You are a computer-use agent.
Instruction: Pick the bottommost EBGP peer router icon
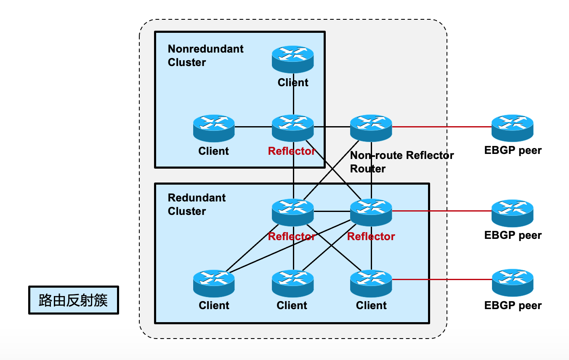click(x=512, y=282)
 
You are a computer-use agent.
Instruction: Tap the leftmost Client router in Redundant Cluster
click(x=214, y=282)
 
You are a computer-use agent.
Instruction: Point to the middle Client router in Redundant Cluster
click(x=292, y=282)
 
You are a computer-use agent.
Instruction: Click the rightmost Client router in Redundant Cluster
click(x=371, y=282)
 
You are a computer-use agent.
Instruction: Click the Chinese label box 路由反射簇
click(x=74, y=300)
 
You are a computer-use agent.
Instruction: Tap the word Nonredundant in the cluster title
click(x=205, y=49)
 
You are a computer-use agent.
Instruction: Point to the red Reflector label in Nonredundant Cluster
click(x=292, y=151)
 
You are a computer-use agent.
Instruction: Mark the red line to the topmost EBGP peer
click(x=442, y=126)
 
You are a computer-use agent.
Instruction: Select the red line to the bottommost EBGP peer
click(x=442, y=279)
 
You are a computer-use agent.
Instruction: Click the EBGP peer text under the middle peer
click(x=513, y=235)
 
